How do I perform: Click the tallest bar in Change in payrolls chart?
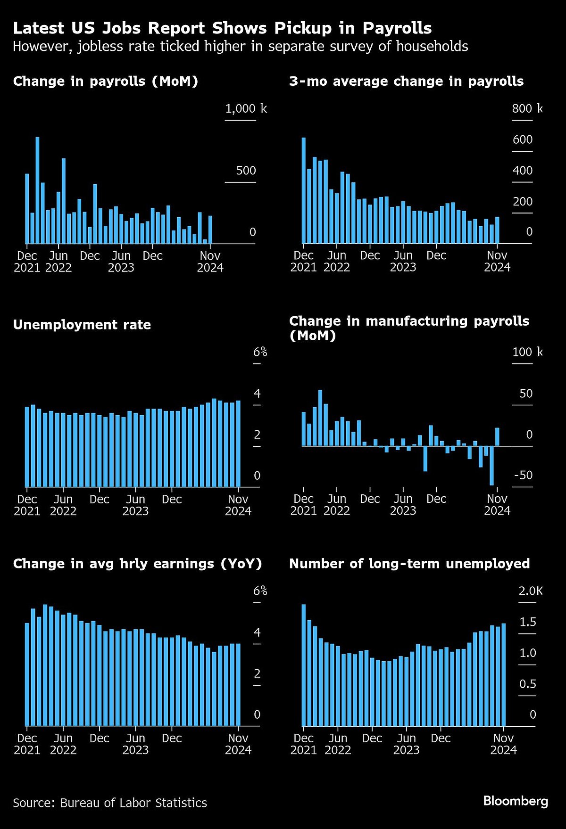point(37,190)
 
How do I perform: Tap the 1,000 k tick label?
point(246,109)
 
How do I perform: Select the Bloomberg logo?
point(516,801)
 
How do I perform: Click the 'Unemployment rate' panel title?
point(82,325)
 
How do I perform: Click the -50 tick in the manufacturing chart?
point(523,475)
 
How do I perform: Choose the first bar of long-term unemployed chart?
point(303,665)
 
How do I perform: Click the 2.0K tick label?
point(531,591)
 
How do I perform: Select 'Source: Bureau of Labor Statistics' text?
point(110,803)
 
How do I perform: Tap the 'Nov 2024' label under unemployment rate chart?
point(238,505)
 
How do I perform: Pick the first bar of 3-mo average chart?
point(303,190)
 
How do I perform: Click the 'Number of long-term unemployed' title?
point(409,564)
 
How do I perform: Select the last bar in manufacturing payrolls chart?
point(497,436)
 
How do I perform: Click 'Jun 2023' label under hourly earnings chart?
point(135,744)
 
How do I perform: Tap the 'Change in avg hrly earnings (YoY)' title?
point(137,564)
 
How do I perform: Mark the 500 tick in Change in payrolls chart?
point(246,171)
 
